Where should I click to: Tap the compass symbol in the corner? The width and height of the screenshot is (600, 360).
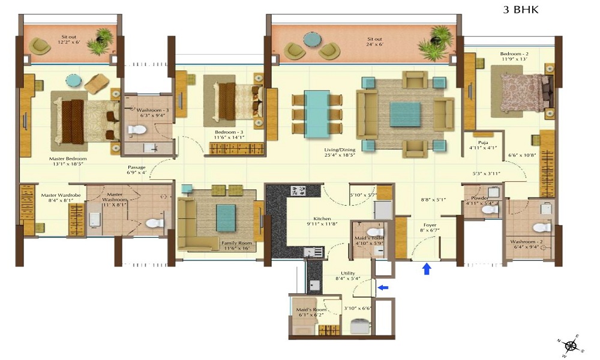click(571, 345)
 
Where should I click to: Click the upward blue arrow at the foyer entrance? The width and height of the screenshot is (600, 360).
click(427, 269)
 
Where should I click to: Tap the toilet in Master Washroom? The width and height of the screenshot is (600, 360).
click(154, 223)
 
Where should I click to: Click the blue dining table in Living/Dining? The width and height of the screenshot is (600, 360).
click(316, 114)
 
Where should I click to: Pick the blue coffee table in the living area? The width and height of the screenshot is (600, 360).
click(405, 114)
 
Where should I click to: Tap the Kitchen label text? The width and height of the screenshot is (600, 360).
click(322, 219)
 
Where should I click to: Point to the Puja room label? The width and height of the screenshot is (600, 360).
click(479, 142)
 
